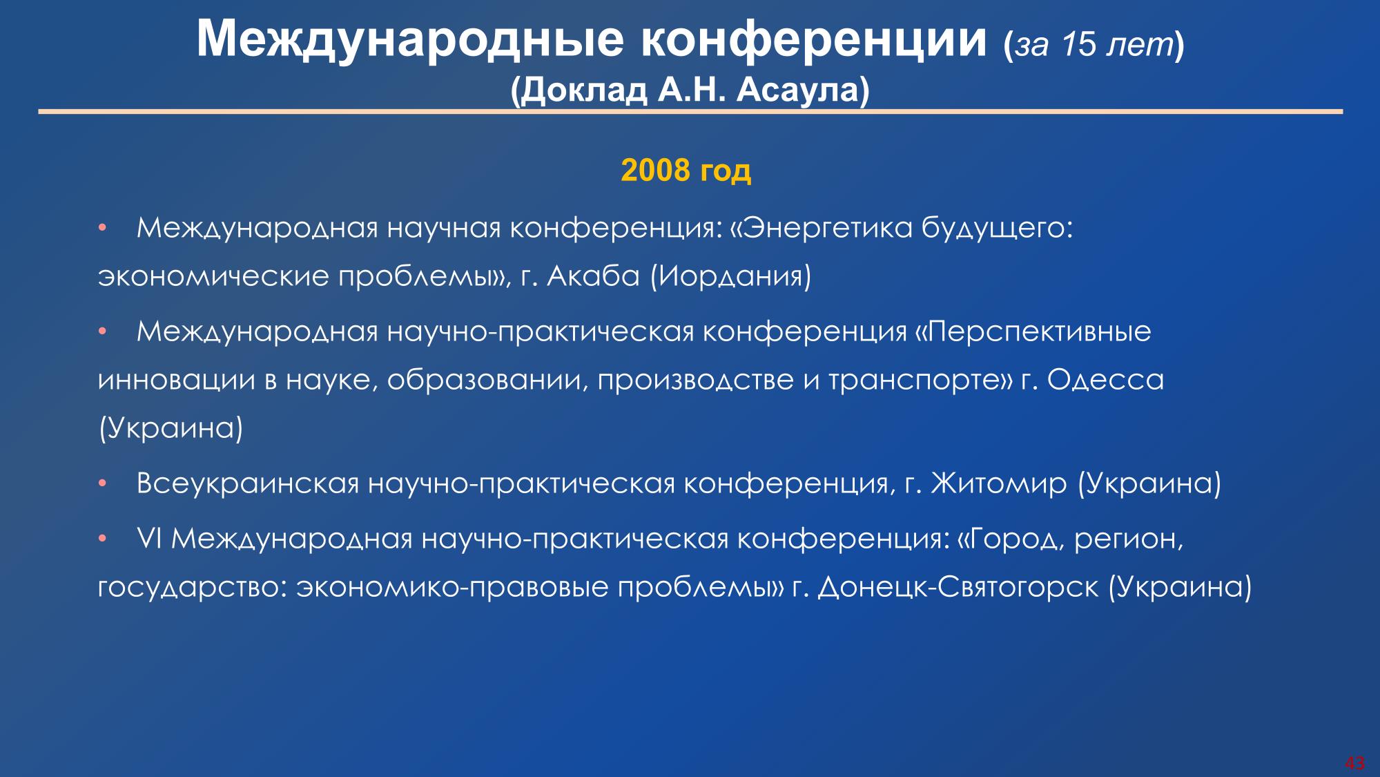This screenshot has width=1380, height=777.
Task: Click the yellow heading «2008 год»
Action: coord(686,170)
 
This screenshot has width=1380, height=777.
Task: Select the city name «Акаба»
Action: coord(593,276)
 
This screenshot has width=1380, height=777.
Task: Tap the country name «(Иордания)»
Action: coord(730,277)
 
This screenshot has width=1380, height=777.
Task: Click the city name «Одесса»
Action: coord(1105,380)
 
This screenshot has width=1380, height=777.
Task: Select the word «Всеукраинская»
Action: coord(248,483)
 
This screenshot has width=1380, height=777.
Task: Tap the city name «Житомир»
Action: coord(998,483)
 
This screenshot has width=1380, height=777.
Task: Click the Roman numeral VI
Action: coord(149,539)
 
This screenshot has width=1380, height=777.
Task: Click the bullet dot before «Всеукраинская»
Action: coord(101,484)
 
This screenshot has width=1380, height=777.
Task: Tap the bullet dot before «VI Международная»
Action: coord(101,539)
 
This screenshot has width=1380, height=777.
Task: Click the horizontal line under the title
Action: coord(690,111)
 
